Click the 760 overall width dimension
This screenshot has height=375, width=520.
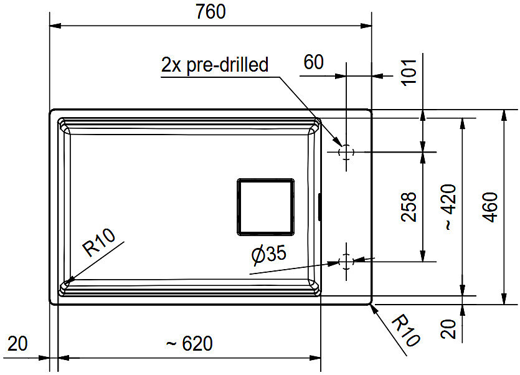[x=210, y=12]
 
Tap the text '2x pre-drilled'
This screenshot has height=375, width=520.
[x=215, y=65]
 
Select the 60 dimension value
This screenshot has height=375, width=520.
[x=313, y=62]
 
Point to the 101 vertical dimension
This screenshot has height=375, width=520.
[x=409, y=72]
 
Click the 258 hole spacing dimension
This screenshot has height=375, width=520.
[x=409, y=206]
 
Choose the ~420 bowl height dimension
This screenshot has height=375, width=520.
[x=450, y=207]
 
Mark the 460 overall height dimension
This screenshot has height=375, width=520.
[x=491, y=207]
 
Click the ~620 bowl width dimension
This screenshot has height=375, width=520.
[x=189, y=343]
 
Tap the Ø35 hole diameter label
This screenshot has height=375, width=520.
[x=268, y=255]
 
